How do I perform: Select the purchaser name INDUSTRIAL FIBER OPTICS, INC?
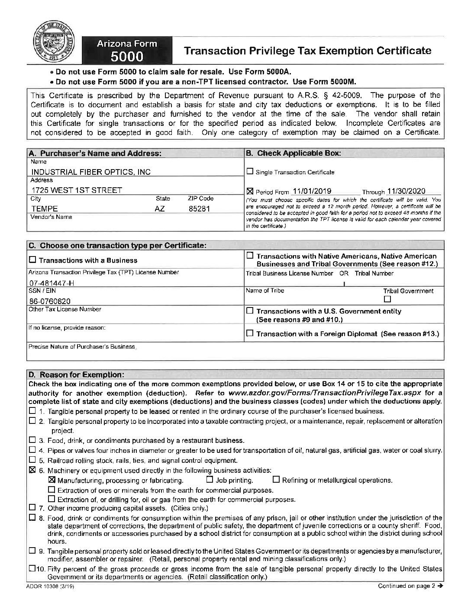tap(91, 172)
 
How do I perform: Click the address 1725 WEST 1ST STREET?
tap(77, 190)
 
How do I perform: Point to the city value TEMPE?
tap(45, 208)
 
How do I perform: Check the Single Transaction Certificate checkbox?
tap(250, 172)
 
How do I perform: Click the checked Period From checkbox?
tap(250, 191)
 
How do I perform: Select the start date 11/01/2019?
tap(312, 191)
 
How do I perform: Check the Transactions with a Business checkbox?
tap(33, 260)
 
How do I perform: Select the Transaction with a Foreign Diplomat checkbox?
tap(250, 333)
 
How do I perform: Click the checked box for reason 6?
tap(33, 470)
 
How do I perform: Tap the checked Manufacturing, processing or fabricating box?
tap(52, 480)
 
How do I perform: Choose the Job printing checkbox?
tap(210, 480)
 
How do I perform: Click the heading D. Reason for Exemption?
tap(76, 374)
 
